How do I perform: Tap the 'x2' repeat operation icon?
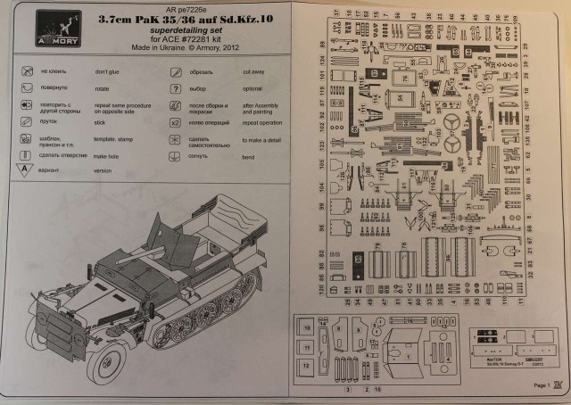click(176, 122)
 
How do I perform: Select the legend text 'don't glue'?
click(107, 70)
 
